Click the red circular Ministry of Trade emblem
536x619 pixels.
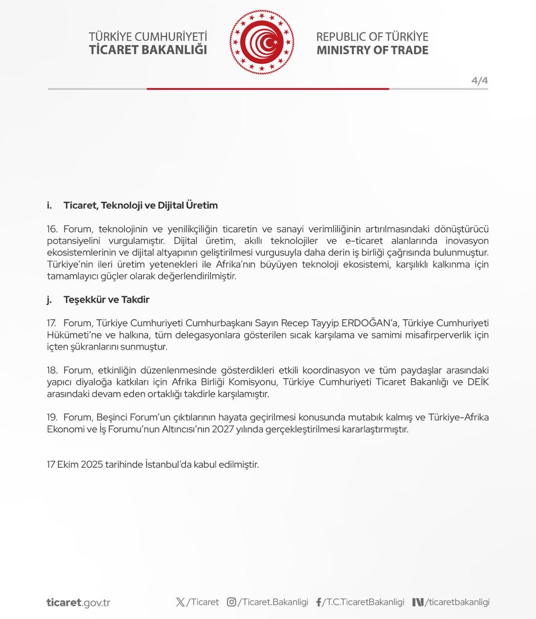pyautogui.click(x=261, y=43)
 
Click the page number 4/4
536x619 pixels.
pyautogui.click(x=479, y=80)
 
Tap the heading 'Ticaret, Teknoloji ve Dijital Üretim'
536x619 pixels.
pyautogui.click(x=140, y=205)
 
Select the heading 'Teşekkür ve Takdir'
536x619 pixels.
pyautogui.click(x=106, y=299)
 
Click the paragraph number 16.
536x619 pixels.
pyautogui.click(x=52, y=229)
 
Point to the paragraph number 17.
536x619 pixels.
pyautogui.click(x=51, y=323)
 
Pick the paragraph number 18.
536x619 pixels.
pyautogui.click(x=52, y=370)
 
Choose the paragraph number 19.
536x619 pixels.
pyautogui.click(x=52, y=417)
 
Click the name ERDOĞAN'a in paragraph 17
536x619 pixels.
pyautogui.click(x=370, y=323)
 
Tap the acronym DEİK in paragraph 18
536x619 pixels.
pyautogui.click(x=478, y=382)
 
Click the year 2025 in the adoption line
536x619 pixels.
pyautogui.click(x=92, y=465)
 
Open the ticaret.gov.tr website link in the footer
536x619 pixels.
pyautogui.click(x=78, y=603)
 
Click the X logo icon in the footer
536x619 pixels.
pyautogui.click(x=180, y=602)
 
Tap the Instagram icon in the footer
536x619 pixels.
pyautogui.click(x=232, y=602)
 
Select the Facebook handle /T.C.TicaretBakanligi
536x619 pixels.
pyautogui.click(x=363, y=602)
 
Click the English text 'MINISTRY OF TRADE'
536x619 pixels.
pyautogui.click(x=372, y=50)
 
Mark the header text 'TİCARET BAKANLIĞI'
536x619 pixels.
pyautogui.click(x=148, y=50)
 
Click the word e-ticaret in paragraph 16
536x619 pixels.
pyautogui.click(x=363, y=241)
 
